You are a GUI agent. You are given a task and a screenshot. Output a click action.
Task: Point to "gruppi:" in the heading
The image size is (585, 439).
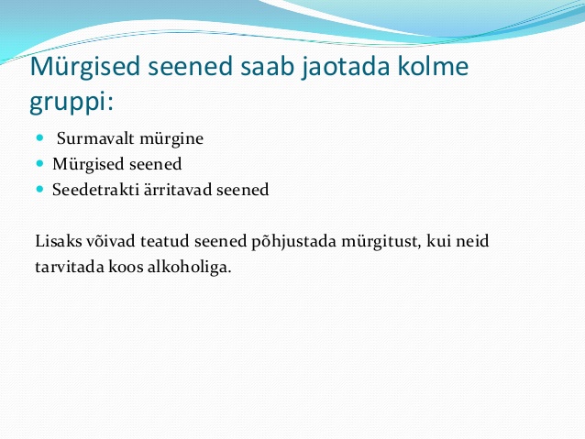click(x=71, y=102)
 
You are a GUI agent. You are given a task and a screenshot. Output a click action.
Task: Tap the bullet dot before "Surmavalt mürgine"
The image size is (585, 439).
click(x=40, y=138)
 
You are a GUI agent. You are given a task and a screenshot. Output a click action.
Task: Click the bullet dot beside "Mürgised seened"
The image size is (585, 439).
click(x=40, y=163)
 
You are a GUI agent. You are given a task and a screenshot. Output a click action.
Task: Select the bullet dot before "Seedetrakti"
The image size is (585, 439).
click(x=40, y=189)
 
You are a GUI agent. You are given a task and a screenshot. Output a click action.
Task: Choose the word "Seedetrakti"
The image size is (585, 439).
click(x=95, y=190)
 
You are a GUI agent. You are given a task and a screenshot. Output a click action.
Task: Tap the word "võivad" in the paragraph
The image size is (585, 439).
click(x=111, y=241)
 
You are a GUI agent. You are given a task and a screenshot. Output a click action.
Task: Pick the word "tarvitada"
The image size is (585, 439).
click(x=70, y=267)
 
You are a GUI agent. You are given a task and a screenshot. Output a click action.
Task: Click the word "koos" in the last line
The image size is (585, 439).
click(x=126, y=267)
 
